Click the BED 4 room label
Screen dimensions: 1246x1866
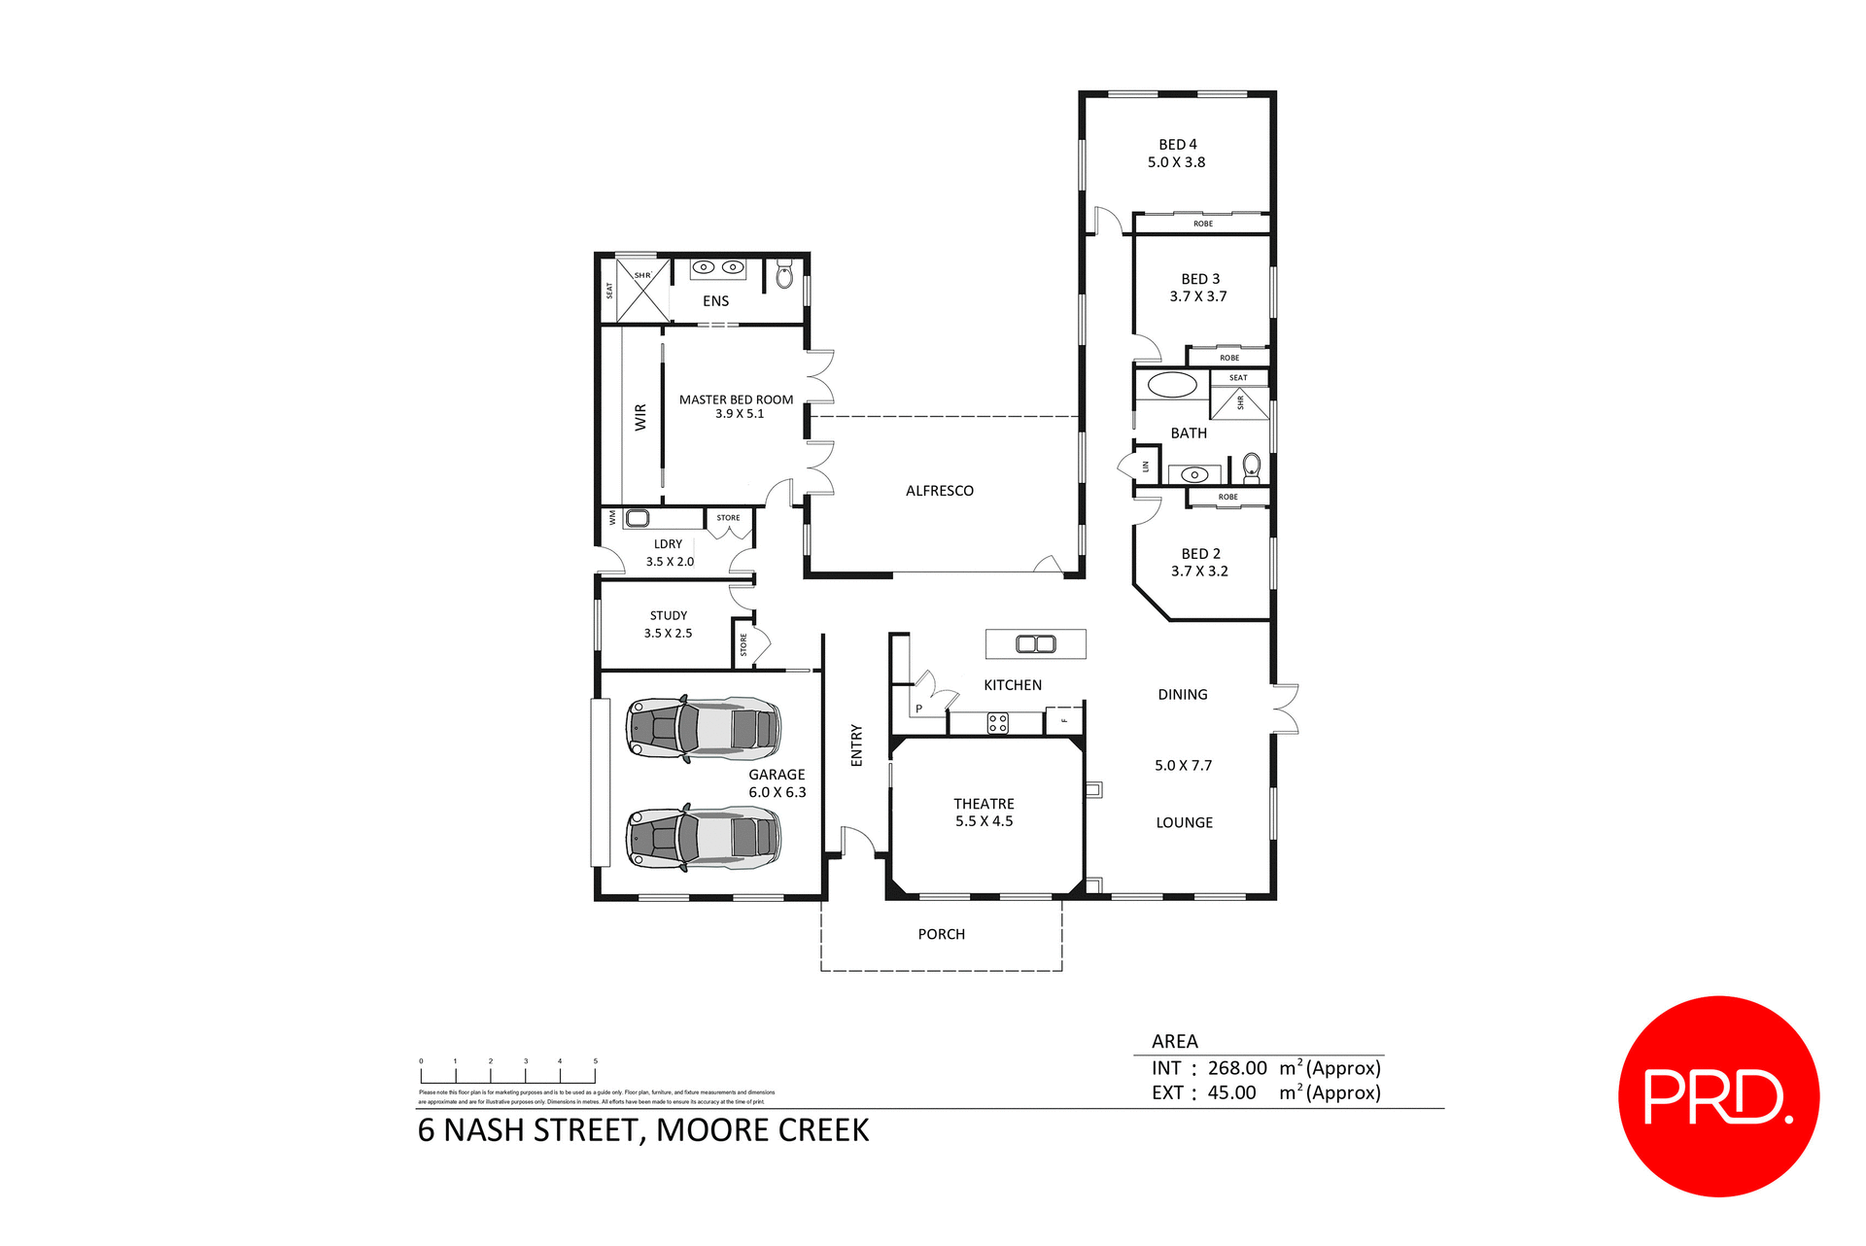(1177, 144)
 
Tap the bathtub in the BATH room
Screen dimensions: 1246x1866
(1172, 384)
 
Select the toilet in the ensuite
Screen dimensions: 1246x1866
(784, 276)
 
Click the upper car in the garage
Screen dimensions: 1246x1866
(704, 728)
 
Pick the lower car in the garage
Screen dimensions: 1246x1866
(704, 837)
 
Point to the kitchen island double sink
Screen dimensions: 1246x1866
(1035, 643)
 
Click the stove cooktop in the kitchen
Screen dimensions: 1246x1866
(997, 723)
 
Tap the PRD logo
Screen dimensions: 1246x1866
(1717, 1096)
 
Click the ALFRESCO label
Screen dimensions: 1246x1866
(939, 491)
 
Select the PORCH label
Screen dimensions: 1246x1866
(941, 934)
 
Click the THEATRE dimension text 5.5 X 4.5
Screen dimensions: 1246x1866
(984, 821)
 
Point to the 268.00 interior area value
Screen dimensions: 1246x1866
(1237, 1068)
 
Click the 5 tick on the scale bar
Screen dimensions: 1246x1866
(595, 1062)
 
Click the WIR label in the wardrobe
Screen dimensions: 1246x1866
(639, 418)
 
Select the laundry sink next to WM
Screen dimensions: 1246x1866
(638, 518)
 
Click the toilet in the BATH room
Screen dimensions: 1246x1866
(1252, 466)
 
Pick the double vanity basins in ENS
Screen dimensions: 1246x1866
(717, 267)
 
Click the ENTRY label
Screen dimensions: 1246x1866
(856, 745)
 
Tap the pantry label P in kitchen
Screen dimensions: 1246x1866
(918, 709)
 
